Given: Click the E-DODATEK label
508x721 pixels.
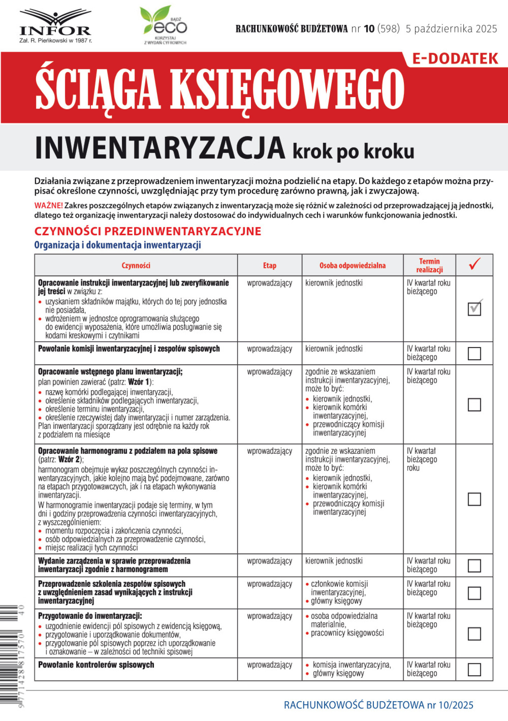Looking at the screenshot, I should (x=455, y=59).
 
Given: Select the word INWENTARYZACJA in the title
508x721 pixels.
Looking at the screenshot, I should (x=160, y=149).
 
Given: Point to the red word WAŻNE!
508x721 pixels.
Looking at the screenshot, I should (x=48, y=206).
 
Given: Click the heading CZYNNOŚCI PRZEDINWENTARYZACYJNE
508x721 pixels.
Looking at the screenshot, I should (x=147, y=231).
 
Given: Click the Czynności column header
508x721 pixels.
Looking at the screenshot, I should (x=136, y=265).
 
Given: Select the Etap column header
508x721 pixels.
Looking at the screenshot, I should (x=269, y=265).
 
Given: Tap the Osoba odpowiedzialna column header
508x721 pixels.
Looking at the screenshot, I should (x=352, y=265).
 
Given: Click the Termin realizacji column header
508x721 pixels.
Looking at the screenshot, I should (x=429, y=265).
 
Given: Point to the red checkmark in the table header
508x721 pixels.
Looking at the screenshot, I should (x=474, y=264).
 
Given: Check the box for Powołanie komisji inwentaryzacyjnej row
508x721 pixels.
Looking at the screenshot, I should (x=474, y=353).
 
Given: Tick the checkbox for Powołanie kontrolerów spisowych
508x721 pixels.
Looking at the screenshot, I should (x=474, y=670).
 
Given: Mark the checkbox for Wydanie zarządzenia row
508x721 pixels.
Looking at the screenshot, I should (x=474, y=566).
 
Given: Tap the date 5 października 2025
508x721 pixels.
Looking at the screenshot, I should (x=451, y=29).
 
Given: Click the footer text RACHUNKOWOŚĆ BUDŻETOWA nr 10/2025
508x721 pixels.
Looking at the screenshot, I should (x=378, y=705).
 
